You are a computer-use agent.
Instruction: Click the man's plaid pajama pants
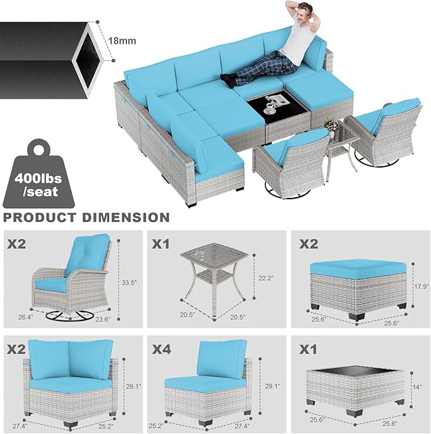click(254, 67)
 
